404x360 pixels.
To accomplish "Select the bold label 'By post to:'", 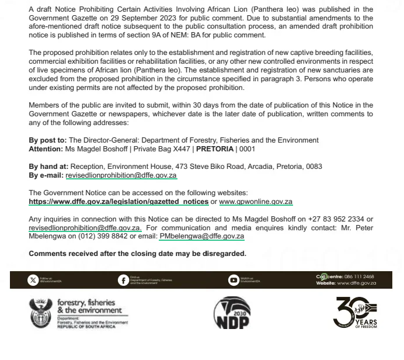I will pyautogui.click(x=48, y=140).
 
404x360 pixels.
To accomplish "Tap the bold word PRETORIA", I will pyautogui.click(x=214, y=149).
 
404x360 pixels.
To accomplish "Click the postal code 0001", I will pyautogui.click(x=248, y=149).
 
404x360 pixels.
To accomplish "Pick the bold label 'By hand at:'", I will pyautogui.click(x=48, y=167).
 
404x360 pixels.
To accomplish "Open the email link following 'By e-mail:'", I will pyautogui.click(x=121, y=175).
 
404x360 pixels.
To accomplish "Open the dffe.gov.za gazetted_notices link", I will pyautogui.click(x=119, y=202).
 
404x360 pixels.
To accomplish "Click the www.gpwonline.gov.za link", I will pyautogui.click(x=256, y=202).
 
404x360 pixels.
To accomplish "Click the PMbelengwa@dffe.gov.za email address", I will pyautogui.click(x=201, y=237).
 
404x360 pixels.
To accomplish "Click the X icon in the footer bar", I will pyautogui.click(x=33, y=280).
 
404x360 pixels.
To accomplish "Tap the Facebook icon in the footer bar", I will pyautogui.click(x=123, y=280).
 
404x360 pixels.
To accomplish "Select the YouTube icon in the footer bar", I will pyautogui.click(x=233, y=280).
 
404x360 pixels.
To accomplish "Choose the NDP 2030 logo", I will pyautogui.click(x=232, y=313).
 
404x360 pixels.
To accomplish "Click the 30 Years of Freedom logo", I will pyautogui.click(x=355, y=313).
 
